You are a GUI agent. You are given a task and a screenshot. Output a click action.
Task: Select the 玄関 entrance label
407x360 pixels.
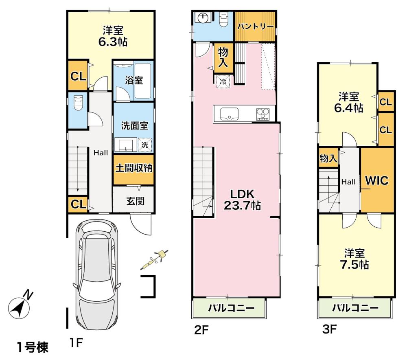tap(135, 201)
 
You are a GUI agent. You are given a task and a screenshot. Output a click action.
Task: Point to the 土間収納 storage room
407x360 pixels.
tap(133, 169)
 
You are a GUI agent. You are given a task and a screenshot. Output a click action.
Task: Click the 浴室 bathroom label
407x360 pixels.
tap(133, 80)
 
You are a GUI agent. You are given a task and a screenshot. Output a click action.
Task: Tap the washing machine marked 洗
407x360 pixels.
tap(145, 145)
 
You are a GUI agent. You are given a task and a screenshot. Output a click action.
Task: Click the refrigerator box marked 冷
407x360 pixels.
tap(223, 82)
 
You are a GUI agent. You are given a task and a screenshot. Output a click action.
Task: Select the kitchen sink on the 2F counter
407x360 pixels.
tap(230, 114)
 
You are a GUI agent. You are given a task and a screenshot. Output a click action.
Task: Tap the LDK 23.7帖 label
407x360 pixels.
tap(243, 200)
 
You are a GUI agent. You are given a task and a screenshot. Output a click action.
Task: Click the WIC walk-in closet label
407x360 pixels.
tap(377, 180)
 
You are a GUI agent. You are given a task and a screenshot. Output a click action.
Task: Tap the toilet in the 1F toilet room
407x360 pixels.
tap(78, 103)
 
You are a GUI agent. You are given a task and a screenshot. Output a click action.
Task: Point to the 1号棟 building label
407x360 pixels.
tap(33, 347)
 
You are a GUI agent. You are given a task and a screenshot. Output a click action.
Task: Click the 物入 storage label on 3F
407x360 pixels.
tap(328, 158)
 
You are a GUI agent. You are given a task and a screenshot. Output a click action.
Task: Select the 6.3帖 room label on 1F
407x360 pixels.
tap(113, 36)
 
